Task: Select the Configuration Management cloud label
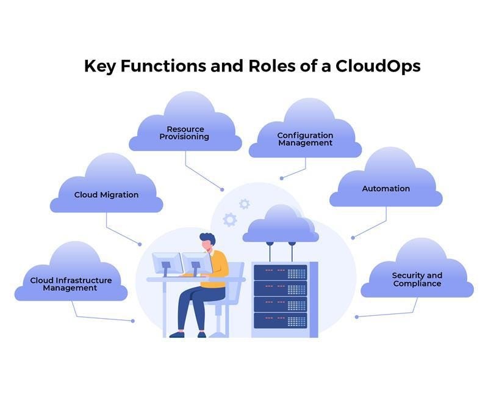[305, 139]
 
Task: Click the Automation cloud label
[386, 189]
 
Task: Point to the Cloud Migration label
[106, 195]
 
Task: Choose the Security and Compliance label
[417, 280]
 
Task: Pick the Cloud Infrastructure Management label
[71, 284]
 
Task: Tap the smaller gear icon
[245, 204]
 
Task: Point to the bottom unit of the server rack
[280, 319]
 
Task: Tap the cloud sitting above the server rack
[280, 225]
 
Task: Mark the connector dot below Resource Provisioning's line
[222, 189]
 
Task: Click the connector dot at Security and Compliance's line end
[356, 316]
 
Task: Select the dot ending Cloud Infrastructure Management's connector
[132, 321]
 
